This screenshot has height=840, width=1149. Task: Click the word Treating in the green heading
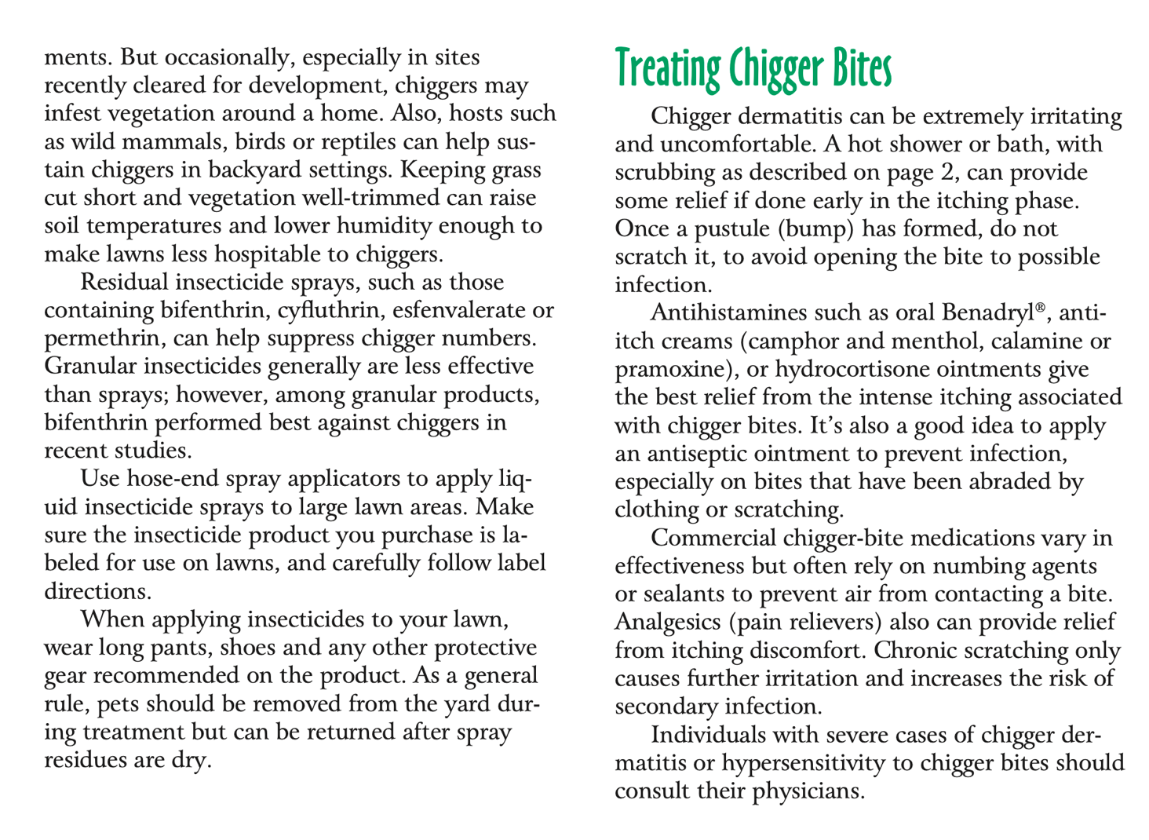click(x=666, y=69)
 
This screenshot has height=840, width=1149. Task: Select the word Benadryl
click(x=988, y=313)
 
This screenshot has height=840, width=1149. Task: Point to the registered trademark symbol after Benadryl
click(x=1041, y=307)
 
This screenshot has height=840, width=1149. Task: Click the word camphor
click(x=793, y=341)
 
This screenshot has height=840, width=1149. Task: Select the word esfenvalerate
click(x=458, y=310)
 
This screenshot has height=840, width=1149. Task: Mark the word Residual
click(x=125, y=282)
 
